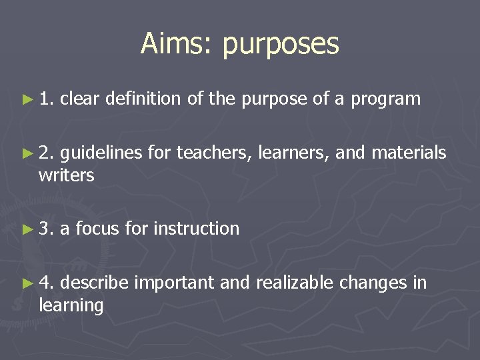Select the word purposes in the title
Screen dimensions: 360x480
[281, 45]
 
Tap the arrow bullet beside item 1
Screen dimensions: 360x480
[27, 99]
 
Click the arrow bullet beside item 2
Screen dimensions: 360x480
[27, 153]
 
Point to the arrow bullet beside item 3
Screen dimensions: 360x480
[27, 229]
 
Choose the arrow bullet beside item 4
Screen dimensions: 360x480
[27, 283]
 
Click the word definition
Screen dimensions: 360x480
[143, 99]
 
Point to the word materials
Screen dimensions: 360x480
[409, 153]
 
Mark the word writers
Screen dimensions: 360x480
[67, 176]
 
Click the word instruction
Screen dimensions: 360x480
[196, 229]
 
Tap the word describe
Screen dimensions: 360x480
[95, 283]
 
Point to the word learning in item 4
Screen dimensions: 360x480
[71, 306]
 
